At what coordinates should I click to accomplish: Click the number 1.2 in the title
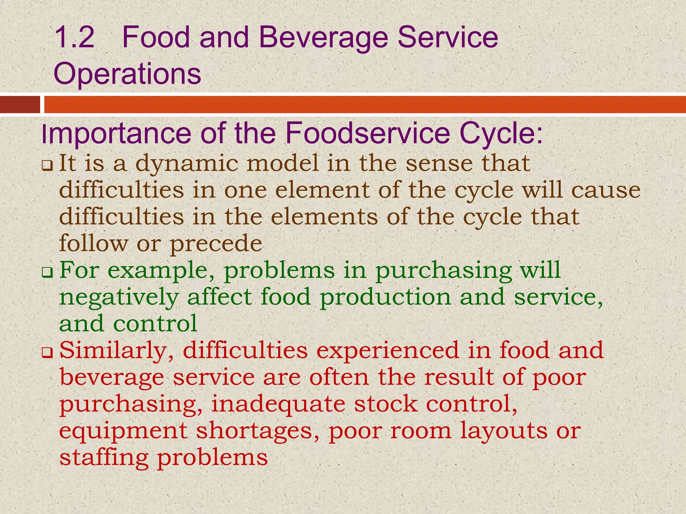pos(74,37)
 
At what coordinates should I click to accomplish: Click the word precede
pos(216,244)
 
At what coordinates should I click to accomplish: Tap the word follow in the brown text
pos(93,243)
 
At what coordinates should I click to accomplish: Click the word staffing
pos(104,458)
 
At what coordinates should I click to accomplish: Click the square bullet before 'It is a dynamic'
pos(47,165)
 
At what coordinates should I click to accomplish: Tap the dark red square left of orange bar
pos(20,104)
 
